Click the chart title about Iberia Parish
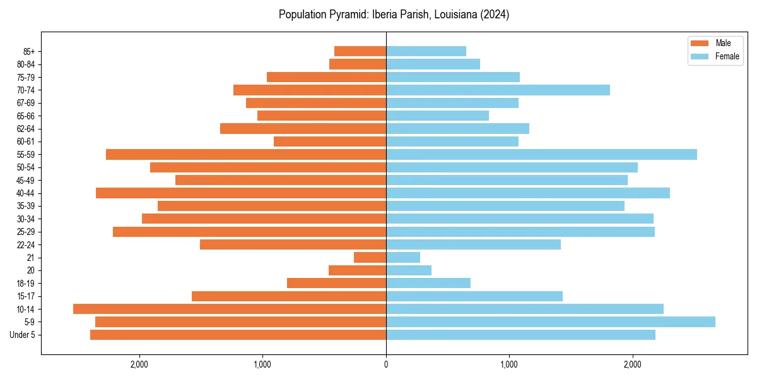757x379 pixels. [x=394, y=15]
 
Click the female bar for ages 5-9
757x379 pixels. [x=550, y=322]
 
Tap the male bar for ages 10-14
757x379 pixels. [x=230, y=309]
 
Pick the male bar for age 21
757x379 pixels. [x=370, y=257]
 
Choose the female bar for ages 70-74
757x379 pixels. [x=498, y=90]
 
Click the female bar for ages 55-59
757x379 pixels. [x=541, y=154]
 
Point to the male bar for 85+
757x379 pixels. [x=360, y=51]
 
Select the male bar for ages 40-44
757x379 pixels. [x=241, y=193]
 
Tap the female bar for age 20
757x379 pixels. [x=409, y=270]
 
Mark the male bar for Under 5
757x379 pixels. [x=238, y=335]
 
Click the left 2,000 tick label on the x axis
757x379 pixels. [x=139, y=364]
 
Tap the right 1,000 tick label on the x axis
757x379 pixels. [x=509, y=364]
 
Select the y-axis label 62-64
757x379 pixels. [x=26, y=129]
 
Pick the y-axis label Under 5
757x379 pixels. [x=23, y=335]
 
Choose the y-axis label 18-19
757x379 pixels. [x=26, y=283]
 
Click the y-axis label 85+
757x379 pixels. [x=30, y=51]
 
